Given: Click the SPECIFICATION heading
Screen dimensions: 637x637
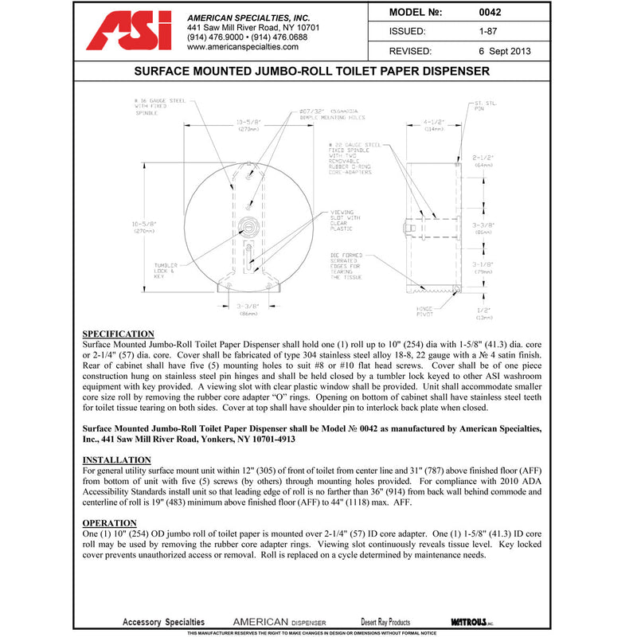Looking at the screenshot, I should click(x=119, y=334).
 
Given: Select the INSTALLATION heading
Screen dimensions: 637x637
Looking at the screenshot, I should click(x=117, y=460).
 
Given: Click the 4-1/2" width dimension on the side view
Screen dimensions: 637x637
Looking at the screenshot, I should click(x=433, y=125).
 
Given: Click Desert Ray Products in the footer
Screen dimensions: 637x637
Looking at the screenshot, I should click(x=385, y=622).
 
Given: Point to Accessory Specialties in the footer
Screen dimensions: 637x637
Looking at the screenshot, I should click(x=163, y=622).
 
